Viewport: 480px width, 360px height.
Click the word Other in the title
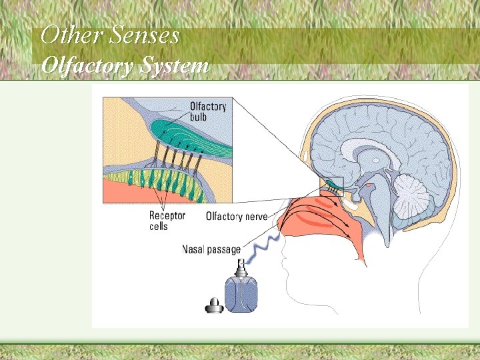click(65, 35)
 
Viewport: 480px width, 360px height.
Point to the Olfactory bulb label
click(207, 111)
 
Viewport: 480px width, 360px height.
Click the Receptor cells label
click(167, 221)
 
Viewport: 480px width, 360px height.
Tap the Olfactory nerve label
click(237, 216)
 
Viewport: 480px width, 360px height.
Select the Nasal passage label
click(211, 250)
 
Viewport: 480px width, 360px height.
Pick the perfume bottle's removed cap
click(213, 306)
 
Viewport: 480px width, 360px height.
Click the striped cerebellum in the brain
click(411, 197)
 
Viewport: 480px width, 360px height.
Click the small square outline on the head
click(334, 185)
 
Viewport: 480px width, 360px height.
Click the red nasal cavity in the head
click(327, 220)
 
